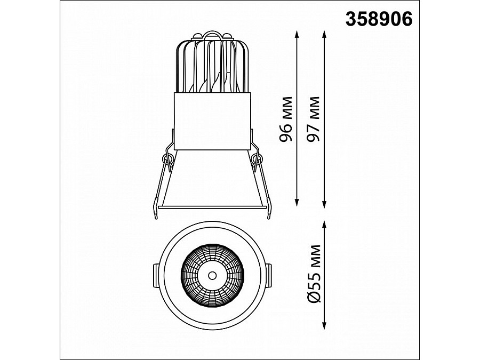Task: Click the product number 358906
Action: coord(379,19)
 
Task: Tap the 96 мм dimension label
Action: coord(286,119)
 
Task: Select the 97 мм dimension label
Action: coord(313,119)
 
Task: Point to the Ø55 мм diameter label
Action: coord(314,274)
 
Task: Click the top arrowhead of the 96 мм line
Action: coord(297,34)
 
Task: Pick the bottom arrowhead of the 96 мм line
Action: coord(297,202)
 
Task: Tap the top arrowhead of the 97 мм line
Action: coord(324,34)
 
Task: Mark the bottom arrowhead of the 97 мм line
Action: coord(324,205)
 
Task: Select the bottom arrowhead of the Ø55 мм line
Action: coord(324,325)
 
